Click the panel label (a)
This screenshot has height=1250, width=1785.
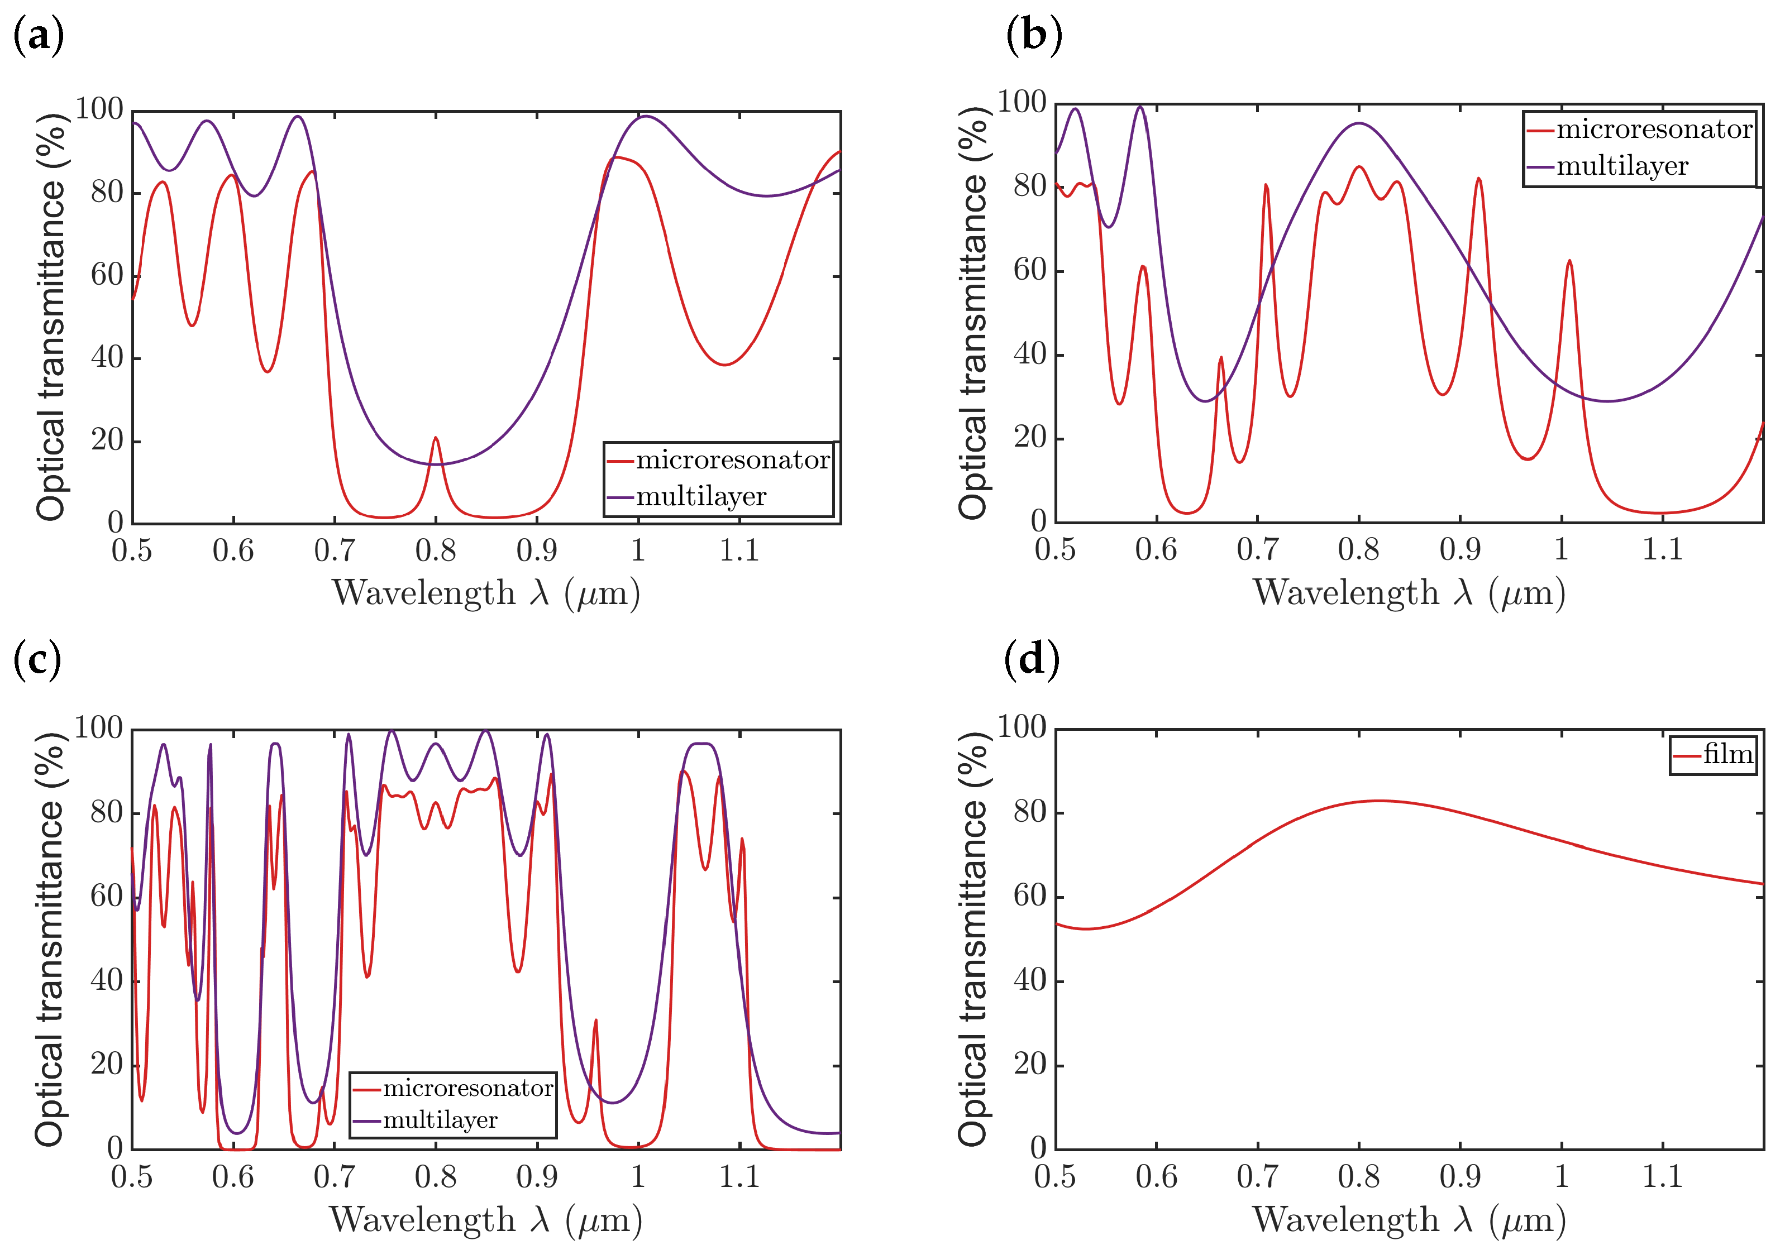[x=38, y=36]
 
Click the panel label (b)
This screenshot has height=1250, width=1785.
[x=1033, y=36]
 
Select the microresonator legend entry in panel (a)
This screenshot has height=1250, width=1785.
[x=731, y=460]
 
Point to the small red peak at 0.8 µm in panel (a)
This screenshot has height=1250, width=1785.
[x=436, y=439]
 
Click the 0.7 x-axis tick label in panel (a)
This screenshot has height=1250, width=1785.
[x=335, y=551]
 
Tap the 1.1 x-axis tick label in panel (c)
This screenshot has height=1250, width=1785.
[x=738, y=1177]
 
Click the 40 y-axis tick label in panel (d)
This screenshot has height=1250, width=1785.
[x=1030, y=980]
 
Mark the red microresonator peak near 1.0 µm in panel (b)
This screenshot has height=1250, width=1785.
[x=1569, y=262]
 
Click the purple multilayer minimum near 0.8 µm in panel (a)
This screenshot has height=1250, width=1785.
[x=437, y=464]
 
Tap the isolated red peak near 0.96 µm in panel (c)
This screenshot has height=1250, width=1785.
[x=595, y=1021]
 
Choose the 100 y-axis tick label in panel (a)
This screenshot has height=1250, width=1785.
[x=99, y=109]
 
